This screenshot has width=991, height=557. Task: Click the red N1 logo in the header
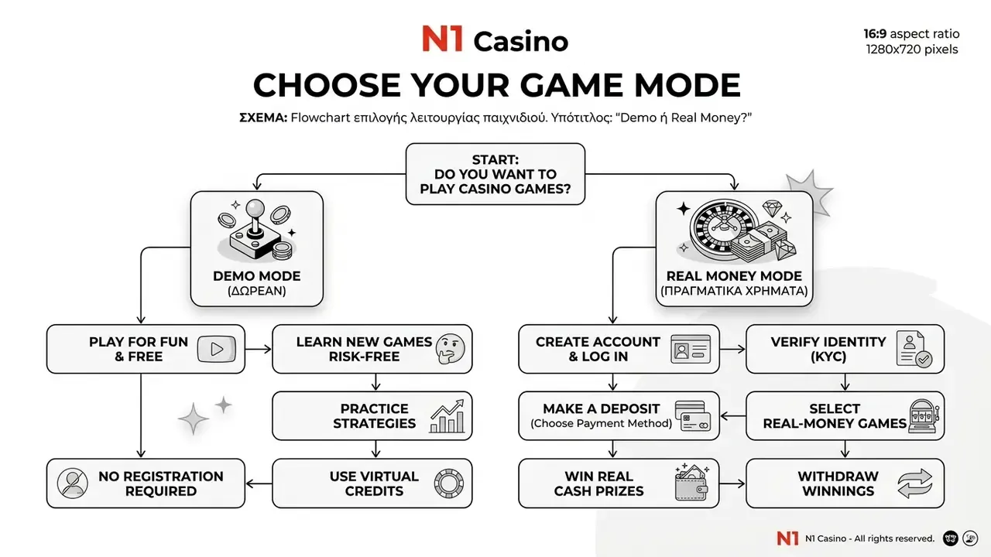point(442,39)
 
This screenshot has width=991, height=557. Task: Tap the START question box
point(495,174)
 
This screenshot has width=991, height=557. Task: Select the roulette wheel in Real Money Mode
point(721,227)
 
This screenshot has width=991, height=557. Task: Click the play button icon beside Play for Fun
point(216,349)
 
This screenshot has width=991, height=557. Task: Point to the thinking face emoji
point(450,348)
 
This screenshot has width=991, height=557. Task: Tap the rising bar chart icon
point(447,416)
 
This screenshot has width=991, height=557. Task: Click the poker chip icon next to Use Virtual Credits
point(448,484)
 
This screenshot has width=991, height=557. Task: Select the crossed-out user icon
point(72,484)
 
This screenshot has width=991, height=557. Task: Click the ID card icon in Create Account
point(691,349)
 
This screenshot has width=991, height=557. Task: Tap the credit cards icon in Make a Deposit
point(693,416)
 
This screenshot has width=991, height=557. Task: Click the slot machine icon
point(924,416)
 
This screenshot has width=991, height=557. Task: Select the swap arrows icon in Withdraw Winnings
point(915,484)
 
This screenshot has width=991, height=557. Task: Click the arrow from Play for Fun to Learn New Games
point(259,349)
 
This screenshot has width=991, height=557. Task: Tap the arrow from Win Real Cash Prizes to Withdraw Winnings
point(732,484)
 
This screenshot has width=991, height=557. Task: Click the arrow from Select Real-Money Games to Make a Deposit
point(733,416)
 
